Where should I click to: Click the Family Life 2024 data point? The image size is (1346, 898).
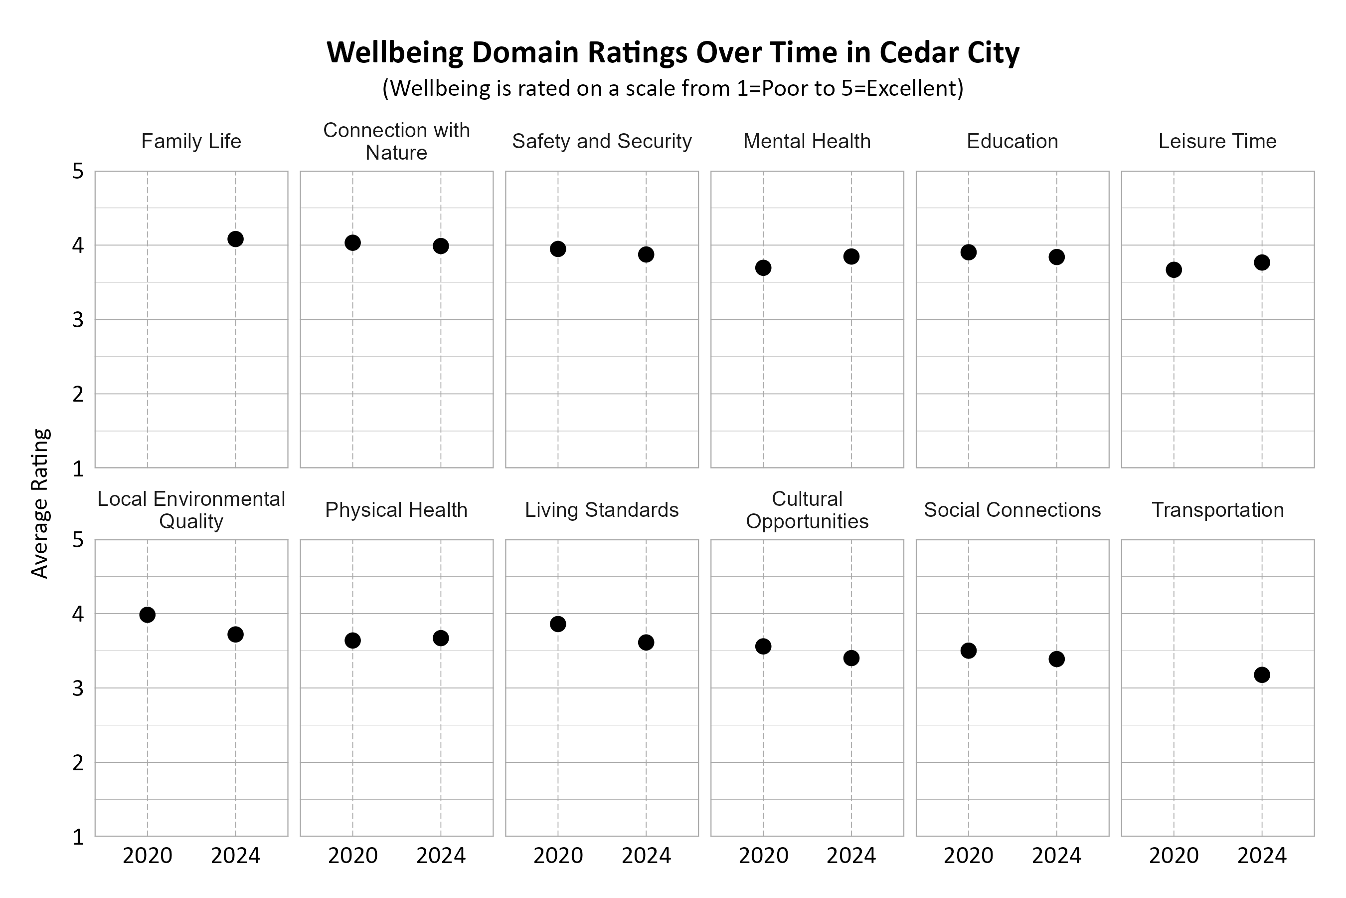(x=235, y=239)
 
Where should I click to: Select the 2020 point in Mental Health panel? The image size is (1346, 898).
(x=763, y=267)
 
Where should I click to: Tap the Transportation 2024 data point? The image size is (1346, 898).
(x=1262, y=674)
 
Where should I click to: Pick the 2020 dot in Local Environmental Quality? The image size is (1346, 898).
(x=147, y=615)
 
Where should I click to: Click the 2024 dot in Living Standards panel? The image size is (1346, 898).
(x=646, y=642)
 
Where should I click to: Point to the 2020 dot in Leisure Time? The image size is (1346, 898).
(x=1174, y=270)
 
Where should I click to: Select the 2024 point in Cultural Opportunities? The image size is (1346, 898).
(x=851, y=658)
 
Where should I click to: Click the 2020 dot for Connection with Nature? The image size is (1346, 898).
(x=352, y=243)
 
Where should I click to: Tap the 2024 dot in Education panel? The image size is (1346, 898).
(x=1056, y=257)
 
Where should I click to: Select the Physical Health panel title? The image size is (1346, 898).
(x=396, y=510)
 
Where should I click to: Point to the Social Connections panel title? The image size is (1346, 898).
(x=1012, y=510)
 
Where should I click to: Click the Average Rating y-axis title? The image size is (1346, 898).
(x=40, y=503)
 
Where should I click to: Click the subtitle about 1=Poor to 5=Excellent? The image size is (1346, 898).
(x=673, y=88)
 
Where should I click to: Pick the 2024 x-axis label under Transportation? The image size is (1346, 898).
(x=1262, y=856)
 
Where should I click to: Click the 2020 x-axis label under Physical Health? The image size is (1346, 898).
(x=352, y=856)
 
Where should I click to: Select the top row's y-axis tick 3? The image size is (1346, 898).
(x=78, y=320)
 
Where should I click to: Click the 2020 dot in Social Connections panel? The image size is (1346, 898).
(x=968, y=651)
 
